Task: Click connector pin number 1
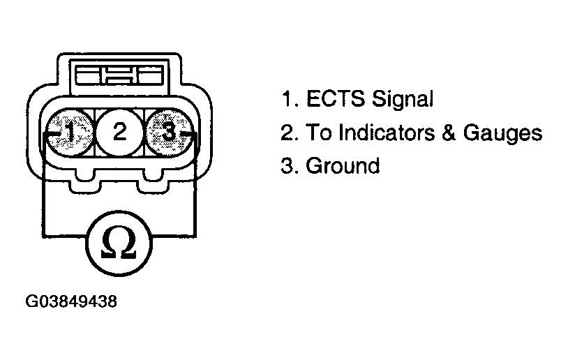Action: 70,132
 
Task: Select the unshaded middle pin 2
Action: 120,132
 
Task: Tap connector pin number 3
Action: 169,132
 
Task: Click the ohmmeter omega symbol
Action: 119,243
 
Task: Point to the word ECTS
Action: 336,98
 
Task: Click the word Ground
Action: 343,166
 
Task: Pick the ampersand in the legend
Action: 449,133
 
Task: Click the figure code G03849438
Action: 71,301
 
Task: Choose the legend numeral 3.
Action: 289,166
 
